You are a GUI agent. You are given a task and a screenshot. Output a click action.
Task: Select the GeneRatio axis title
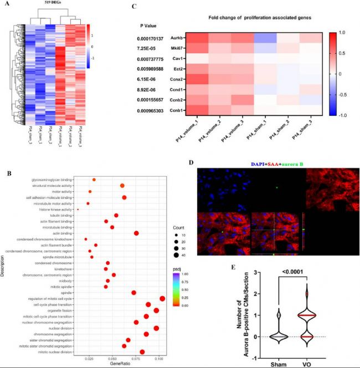[119, 365]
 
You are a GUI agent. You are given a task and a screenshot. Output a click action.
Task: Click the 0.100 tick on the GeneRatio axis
[159, 359]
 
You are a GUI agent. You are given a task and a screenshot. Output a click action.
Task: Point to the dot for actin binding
[136, 233]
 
